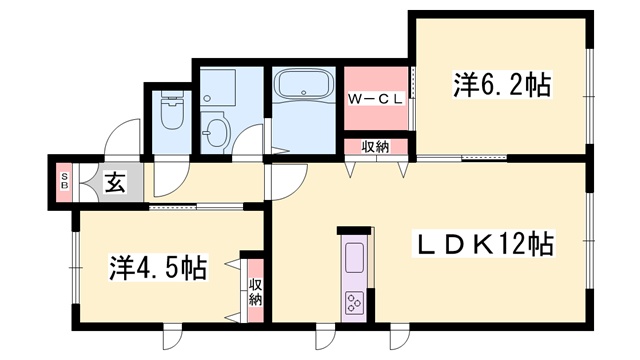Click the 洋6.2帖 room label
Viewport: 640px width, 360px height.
pos(501,85)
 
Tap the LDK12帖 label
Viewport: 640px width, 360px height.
pos(484,244)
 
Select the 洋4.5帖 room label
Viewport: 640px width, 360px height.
pos(158,268)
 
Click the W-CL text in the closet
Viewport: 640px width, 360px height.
pos(376,99)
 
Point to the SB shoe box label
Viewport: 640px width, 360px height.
pos(64,181)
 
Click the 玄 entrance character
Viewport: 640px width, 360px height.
pos(116,182)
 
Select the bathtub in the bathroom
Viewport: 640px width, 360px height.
pos(304,84)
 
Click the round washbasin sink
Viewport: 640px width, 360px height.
pos(216,130)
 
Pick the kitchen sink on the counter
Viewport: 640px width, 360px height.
pos(354,258)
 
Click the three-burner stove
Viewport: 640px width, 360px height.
pos(354,303)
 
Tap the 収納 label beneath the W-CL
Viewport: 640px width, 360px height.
pos(376,147)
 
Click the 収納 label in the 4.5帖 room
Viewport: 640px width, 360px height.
pos(256,291)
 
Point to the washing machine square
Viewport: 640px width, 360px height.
pos(218,87)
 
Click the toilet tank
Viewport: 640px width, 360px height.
pos(171,95)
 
